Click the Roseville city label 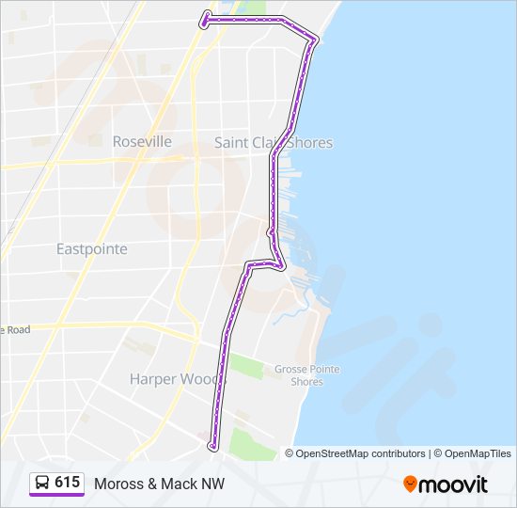(142, 141)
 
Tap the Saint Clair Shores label (274, 143)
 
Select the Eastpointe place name (91, 249)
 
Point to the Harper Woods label (177, 379)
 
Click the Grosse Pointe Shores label (306, 375)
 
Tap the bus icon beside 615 (42, 484)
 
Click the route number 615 (67, 483)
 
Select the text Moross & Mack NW (159, 484)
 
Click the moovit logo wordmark (455, 484)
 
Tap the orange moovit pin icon (410, 484)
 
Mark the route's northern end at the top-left (206, 15)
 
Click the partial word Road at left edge (16, 329)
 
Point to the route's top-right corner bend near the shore (315, 39)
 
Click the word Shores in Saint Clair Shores (311, 143)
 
